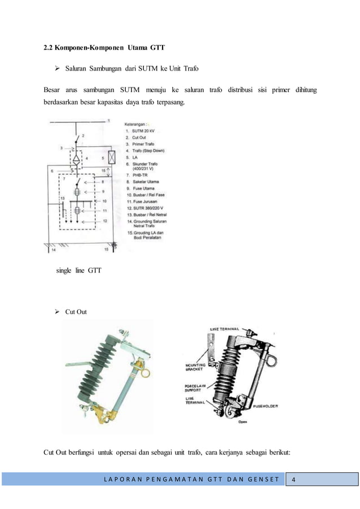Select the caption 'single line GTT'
coord(78,271)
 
